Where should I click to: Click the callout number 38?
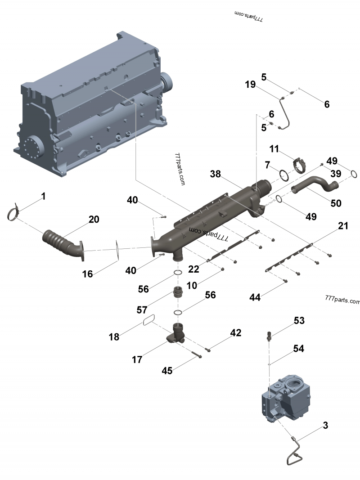(x=215, y=174)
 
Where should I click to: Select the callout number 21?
(x=343, y=227)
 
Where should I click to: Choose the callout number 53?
(x=299, y=321)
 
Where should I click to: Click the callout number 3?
(x=324, y=425)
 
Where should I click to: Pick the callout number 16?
(x=87, y=273)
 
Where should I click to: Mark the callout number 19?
(x=251, y=84)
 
